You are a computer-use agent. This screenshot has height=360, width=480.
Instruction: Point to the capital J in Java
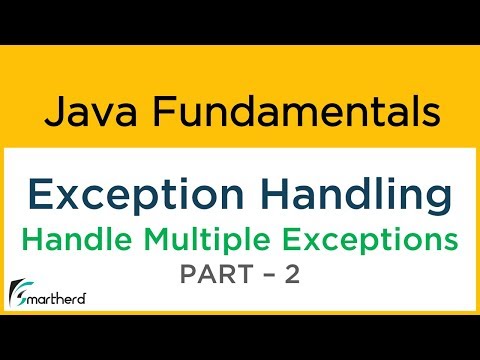click(x=55, y=110)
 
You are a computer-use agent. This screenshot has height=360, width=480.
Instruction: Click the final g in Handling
click(x=429, y=196)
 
